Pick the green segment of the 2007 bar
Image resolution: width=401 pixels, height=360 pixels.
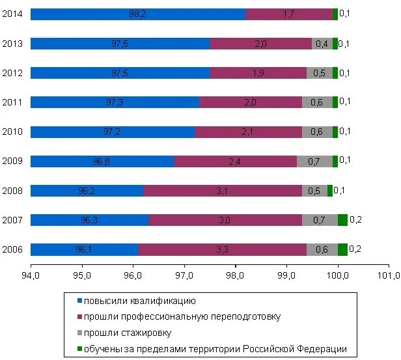click(342, 220)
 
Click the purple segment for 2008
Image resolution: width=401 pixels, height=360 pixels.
click(223, 191)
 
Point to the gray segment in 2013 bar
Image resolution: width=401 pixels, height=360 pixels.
click(322, 44)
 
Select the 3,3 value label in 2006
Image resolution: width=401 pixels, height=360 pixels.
click(223, 249)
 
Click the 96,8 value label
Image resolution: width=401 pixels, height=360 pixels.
click(102, 161)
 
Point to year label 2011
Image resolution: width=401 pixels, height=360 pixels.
click(12, 102)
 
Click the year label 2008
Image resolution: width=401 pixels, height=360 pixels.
click(12, 191)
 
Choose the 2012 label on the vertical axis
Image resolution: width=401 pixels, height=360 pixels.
click(12, 73)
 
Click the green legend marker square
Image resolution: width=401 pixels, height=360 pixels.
click(79, 349)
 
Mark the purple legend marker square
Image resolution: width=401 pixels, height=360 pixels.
click(79, 317)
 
